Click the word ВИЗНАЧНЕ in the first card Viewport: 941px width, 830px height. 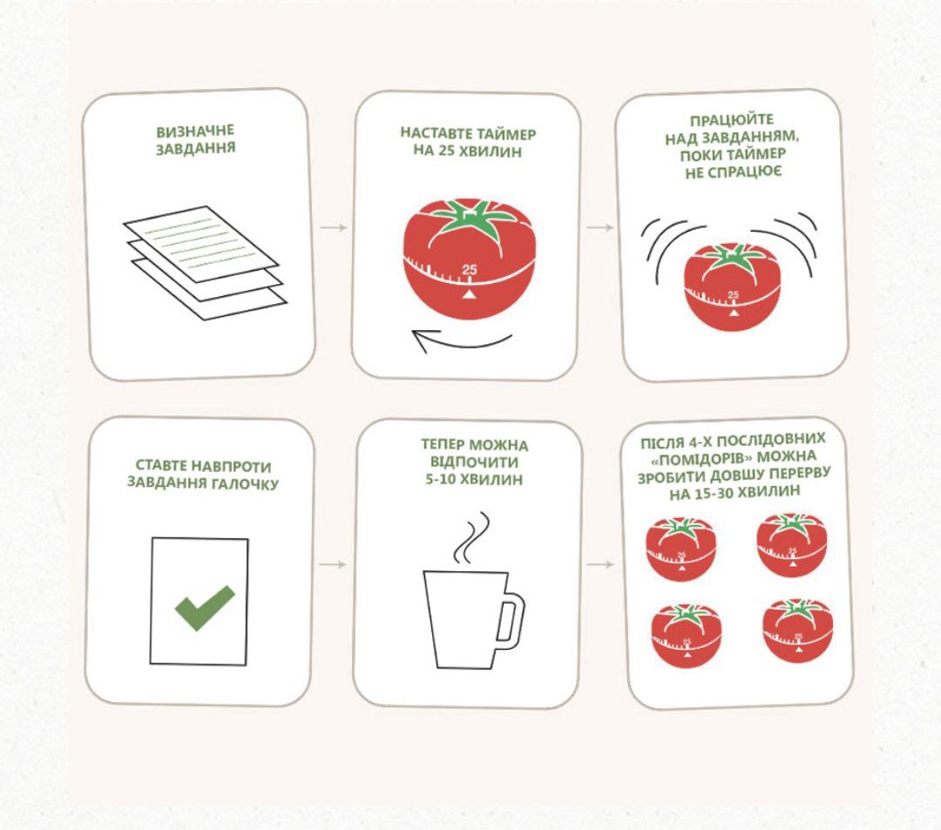(x=195, y=132)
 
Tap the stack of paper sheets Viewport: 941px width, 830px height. (x=205, y=262)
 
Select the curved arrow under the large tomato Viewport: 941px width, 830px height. (x=462, y=341)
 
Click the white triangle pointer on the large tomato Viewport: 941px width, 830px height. (x=470, y=294)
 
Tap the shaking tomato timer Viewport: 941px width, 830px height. (x=734, y=287)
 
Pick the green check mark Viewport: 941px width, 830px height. (x=204, y=608)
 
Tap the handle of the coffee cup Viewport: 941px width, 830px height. (x=510, y=622)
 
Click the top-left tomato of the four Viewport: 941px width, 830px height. (x=681, y=549)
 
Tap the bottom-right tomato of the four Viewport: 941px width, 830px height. (x=799, y=631)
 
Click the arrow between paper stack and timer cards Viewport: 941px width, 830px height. (x=333, y=227)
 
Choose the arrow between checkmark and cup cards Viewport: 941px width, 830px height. (x=333, y=564)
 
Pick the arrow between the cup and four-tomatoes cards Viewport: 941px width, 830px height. (x=600, y=564)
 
